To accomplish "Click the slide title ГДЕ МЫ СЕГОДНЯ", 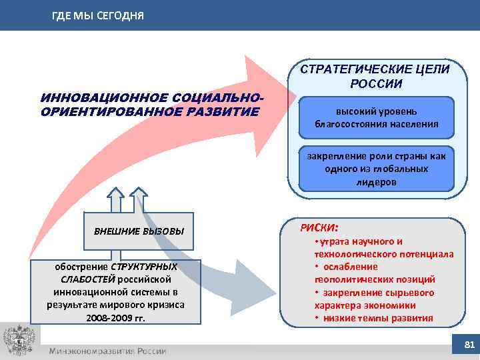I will [x=97, y=15].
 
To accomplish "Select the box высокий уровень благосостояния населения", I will [x=377, y=117].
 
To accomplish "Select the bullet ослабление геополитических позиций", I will [x=377, y=273].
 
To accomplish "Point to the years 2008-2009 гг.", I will [x=115, y=317].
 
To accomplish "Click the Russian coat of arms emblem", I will [x=18, y=341].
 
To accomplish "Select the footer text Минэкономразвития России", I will [x=107, y=351].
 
